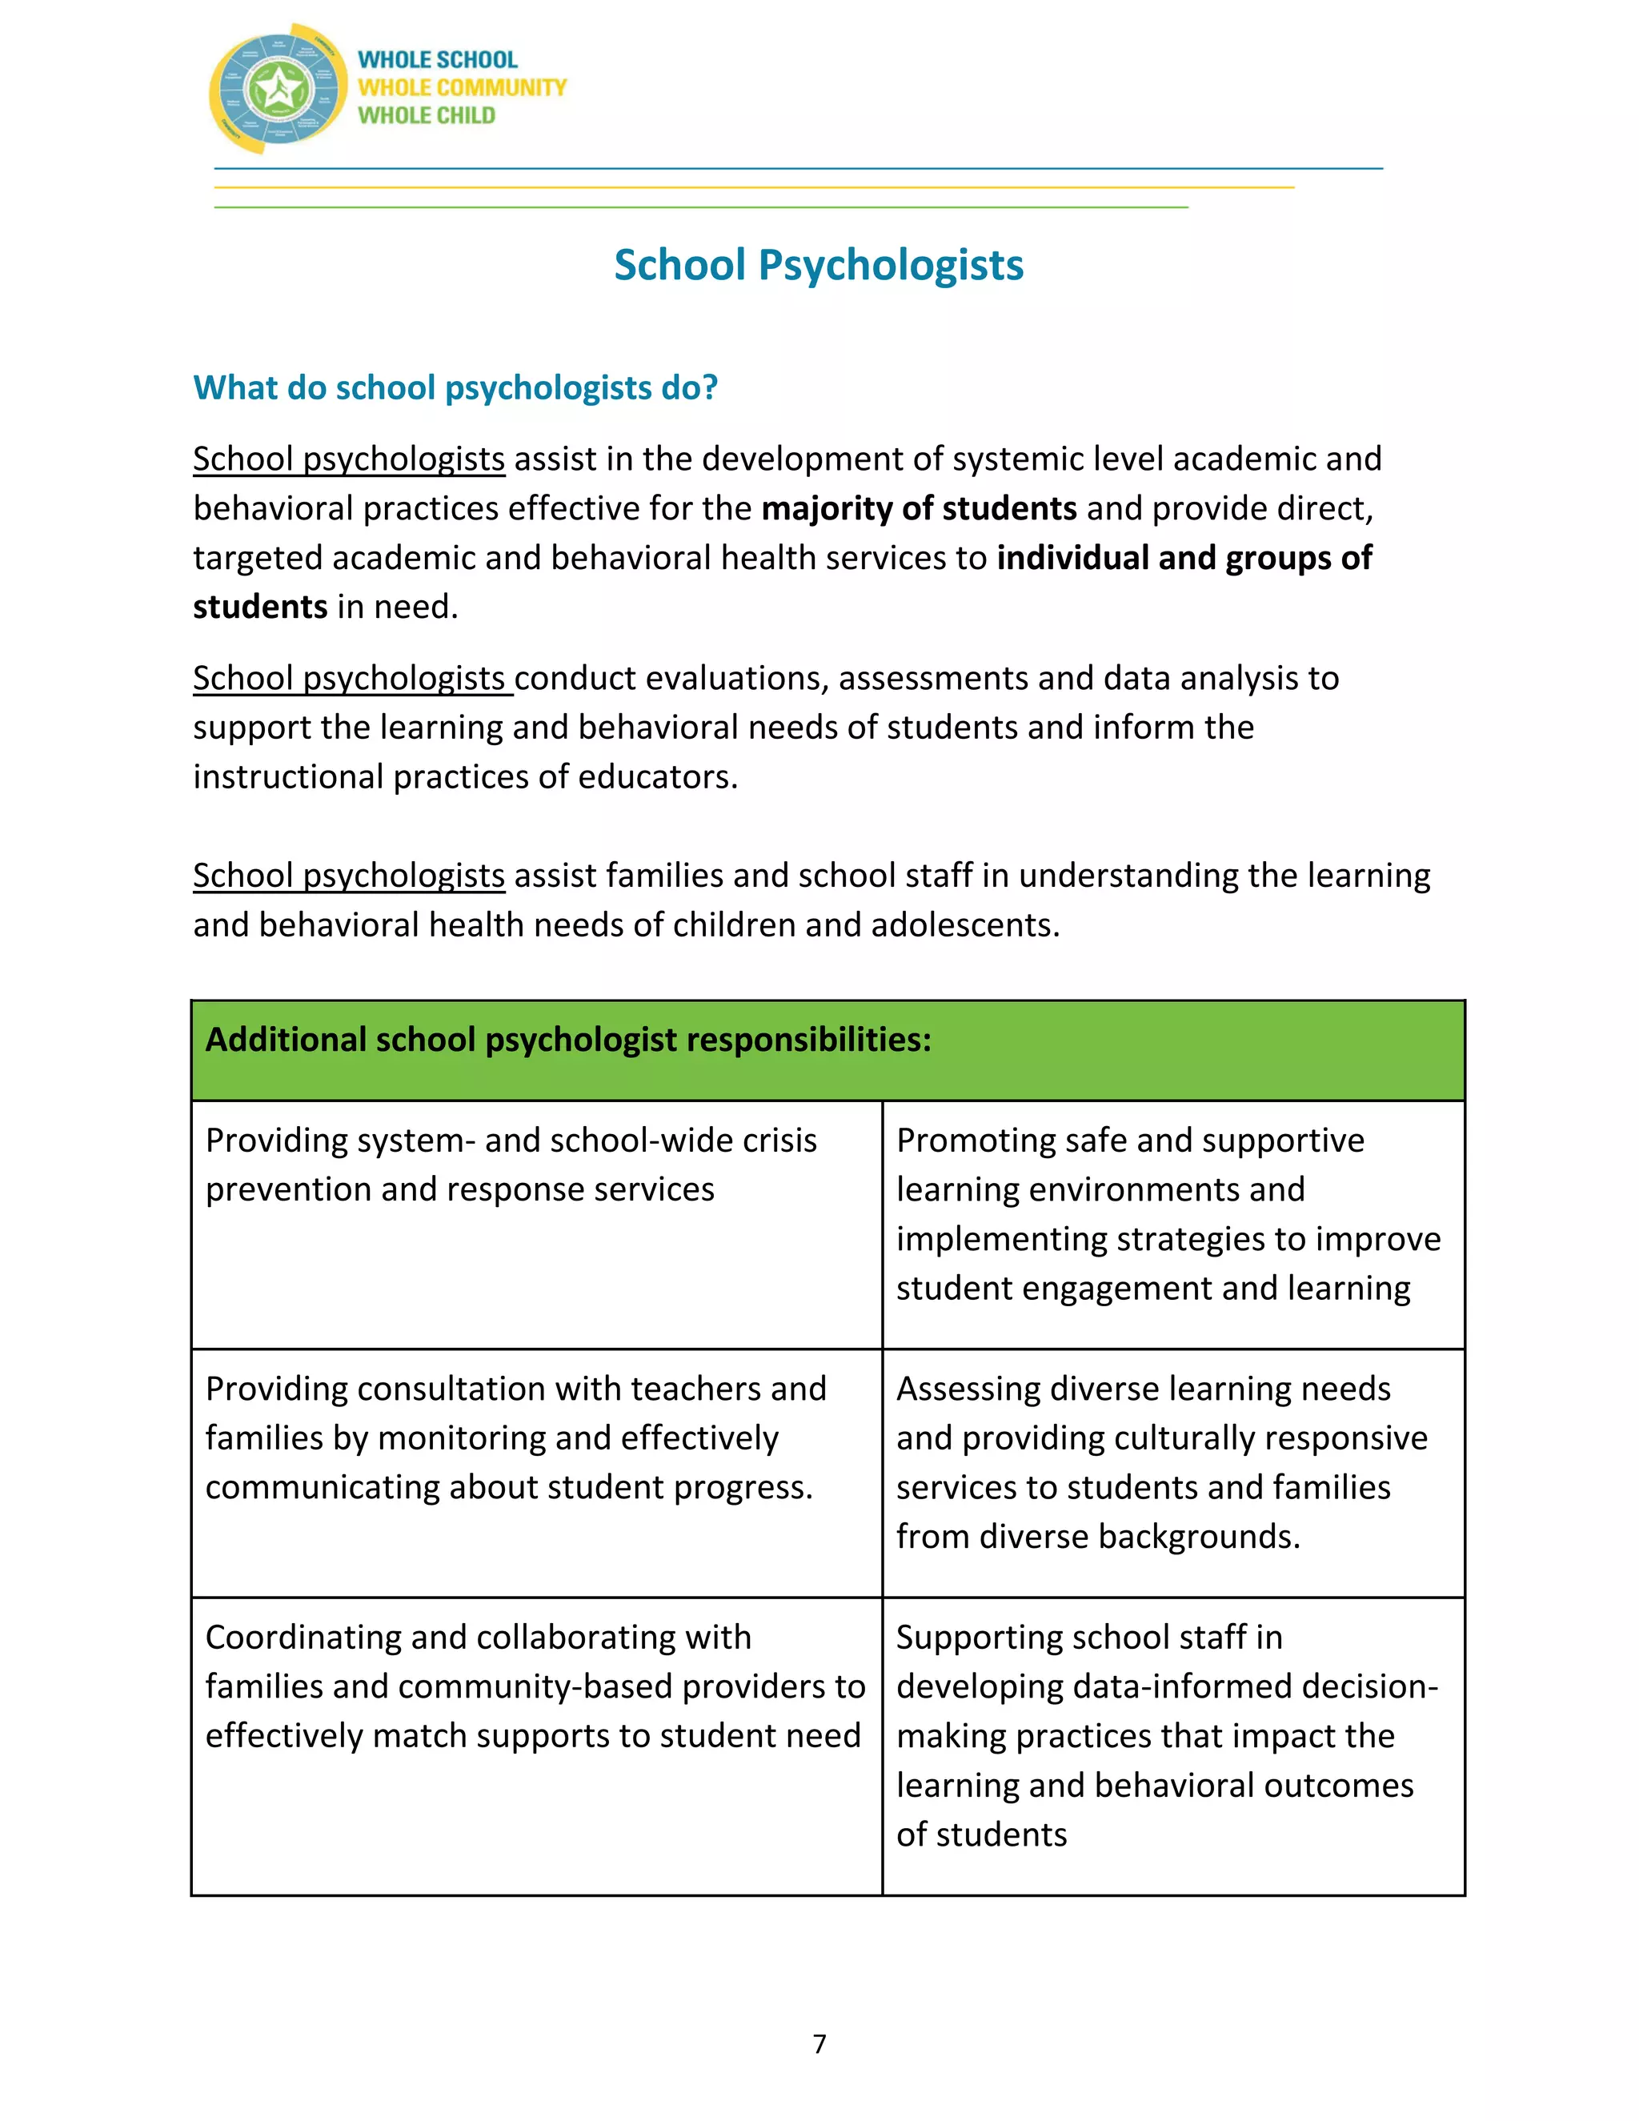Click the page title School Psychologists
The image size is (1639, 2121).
point(819,265)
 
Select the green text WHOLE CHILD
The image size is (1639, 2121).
point(427,115)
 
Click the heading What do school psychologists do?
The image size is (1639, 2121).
point(455,387)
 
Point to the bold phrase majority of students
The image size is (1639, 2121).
point(919,509)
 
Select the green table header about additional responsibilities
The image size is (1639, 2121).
point(828,1050)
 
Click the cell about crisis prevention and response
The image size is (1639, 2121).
point(536,1224)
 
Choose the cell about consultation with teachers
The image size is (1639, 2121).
point(536,1472)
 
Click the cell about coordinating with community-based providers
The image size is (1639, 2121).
point(536,1745)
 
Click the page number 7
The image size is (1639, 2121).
point(819,2044)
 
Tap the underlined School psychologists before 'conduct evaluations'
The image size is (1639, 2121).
point(350,678)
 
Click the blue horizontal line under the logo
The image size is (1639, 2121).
point(798,169)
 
